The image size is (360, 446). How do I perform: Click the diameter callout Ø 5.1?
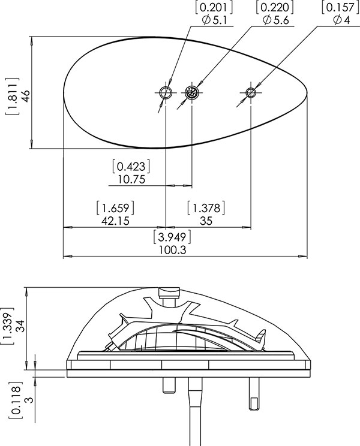[x=215, y=20]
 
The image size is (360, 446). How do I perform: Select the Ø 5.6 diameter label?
[x=276, y=20]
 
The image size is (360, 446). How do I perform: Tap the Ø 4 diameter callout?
[x=342, y=20]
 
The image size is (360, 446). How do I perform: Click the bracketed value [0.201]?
[x=214, y=7]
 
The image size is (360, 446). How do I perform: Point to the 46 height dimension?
[x=25, y=96]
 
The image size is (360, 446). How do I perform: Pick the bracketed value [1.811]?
[x=12, y=96]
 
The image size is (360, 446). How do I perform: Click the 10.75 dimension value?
[x=132, y=179]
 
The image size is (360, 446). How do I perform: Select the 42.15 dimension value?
[x=115, y=221]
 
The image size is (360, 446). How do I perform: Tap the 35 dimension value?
[x=206, y=221]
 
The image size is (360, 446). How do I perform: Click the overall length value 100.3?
[x=172, y=250]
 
